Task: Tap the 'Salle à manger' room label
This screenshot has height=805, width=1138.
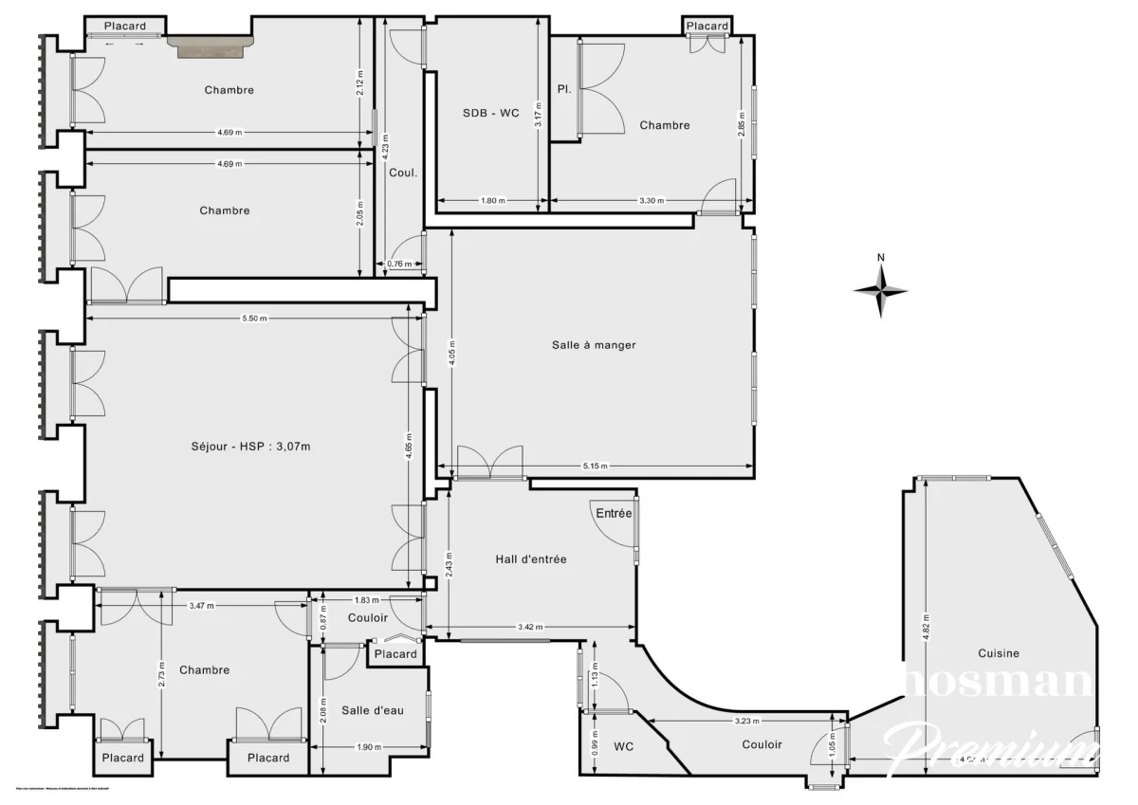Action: pos(594,345)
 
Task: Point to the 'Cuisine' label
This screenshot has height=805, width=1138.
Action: pos(1000,652)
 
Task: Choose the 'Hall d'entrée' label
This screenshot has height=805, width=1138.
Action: pos(531,559)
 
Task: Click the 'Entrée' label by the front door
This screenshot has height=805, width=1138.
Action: pos(614,513)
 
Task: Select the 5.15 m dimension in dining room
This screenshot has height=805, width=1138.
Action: pos(595,467)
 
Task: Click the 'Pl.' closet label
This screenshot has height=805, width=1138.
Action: pos(563,91)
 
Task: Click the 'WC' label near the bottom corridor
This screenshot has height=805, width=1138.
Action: pos(622,747)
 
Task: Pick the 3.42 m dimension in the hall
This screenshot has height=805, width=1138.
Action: pos(530,628)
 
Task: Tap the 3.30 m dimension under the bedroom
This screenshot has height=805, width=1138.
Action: pos(652,201)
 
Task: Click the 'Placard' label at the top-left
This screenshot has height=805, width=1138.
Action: pos(125,26)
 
